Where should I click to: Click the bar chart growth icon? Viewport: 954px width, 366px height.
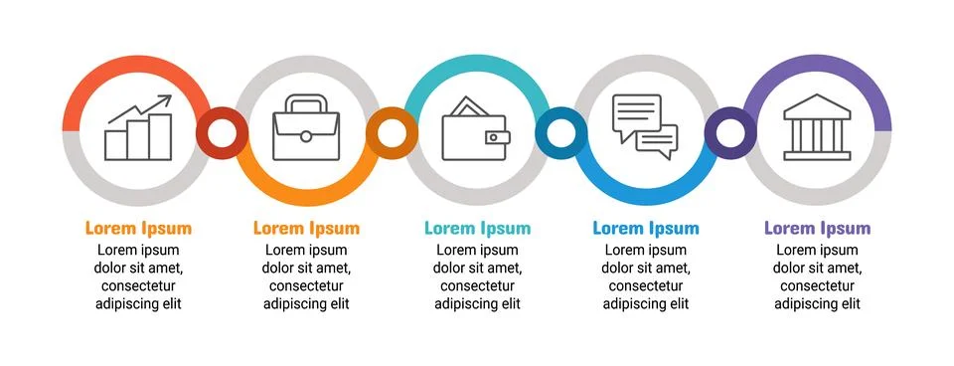[x=138, y=129]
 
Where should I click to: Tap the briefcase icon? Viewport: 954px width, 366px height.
[x=306, y=130]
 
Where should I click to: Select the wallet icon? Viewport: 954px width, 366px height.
[x=476, y=130]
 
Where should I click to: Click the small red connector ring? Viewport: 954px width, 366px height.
[x=222, y=132]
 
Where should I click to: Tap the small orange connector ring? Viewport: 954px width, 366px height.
[x=392, y=132]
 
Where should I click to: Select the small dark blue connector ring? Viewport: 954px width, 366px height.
[x=560, y=132]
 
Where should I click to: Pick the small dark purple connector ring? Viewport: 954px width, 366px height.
[x=730, y=132]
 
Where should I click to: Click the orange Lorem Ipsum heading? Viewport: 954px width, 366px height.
[x=138, y=228]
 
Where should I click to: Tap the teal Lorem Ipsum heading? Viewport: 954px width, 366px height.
[x=477, y=228]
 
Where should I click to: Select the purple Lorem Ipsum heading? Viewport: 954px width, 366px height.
[x=817, y=228]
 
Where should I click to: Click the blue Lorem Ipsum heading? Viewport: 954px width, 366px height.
[x=646, y=228]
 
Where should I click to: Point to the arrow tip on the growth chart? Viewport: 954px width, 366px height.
[x=168, y=98]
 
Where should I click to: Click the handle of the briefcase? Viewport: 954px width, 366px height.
[x=306, y=102]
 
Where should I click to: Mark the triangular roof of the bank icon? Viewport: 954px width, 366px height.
[x=817, y=104]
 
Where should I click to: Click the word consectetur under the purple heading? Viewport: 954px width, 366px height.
[x=817, y=286]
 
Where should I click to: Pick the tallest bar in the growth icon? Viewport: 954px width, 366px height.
[x=161, y=137]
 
